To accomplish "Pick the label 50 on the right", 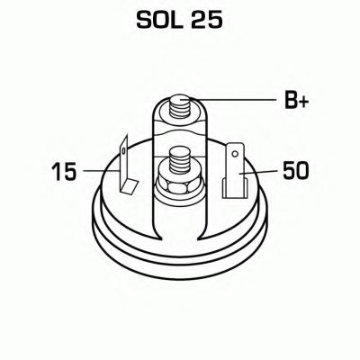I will click(x=296, y=169).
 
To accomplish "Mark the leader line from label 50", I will click(x=261, y=169).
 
